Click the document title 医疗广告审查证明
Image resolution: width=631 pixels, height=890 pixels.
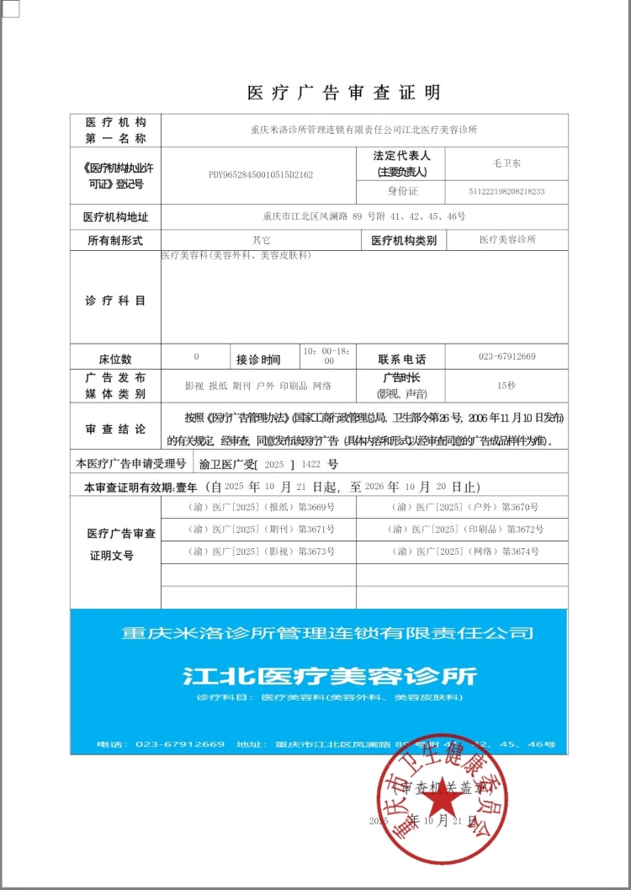click(343, 93)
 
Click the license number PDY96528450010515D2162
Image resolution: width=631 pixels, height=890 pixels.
click(261, 175)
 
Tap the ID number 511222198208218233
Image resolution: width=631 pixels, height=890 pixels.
click(507, 192)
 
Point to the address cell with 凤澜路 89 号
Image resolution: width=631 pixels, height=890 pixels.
click(364, 216)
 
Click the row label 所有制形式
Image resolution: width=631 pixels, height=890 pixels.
click(115, 241)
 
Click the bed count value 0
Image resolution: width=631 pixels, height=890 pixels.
click(196, 356)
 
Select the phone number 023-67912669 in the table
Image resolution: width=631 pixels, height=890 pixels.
click(507, 357)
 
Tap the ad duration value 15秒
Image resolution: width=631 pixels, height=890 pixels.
click(506, 385)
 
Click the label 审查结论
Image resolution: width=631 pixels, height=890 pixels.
click(115, 429)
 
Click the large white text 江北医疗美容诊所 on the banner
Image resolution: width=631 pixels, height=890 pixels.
click(329, 675)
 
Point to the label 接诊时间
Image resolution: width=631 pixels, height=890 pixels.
click(258, 360)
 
